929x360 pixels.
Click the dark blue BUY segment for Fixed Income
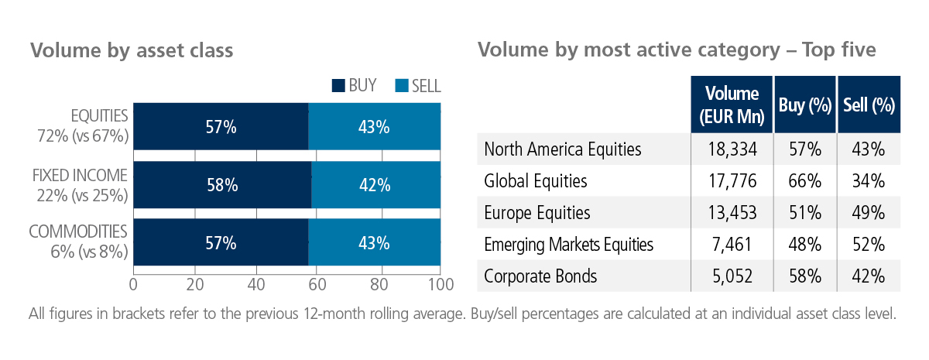tap(222, 185)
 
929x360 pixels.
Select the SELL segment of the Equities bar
tap(374, 126)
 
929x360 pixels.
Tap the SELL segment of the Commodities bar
tap(374, 242)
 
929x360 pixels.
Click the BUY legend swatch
tap(338, 85)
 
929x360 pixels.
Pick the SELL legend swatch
tap(402, 85)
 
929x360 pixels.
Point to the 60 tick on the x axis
tap(317, 285)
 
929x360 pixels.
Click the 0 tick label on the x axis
tap(133, 285)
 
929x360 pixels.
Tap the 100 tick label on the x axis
tap(441, 285)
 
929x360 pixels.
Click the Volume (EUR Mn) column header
tap(732, 105)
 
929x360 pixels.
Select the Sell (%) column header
tap(869, 105)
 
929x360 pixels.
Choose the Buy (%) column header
tap(805, 105)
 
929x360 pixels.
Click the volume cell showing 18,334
tap(732, 149)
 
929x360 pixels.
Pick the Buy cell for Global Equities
tap(804, 181)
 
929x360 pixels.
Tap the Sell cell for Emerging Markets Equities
tap(869, 245)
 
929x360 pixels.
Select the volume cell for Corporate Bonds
tap(732, 276)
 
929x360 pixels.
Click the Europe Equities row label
tap(537, 213)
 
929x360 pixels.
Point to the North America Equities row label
tap(563, 149)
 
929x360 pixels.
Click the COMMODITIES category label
tap(78, 231)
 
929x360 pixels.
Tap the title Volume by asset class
tap(132, 50)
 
